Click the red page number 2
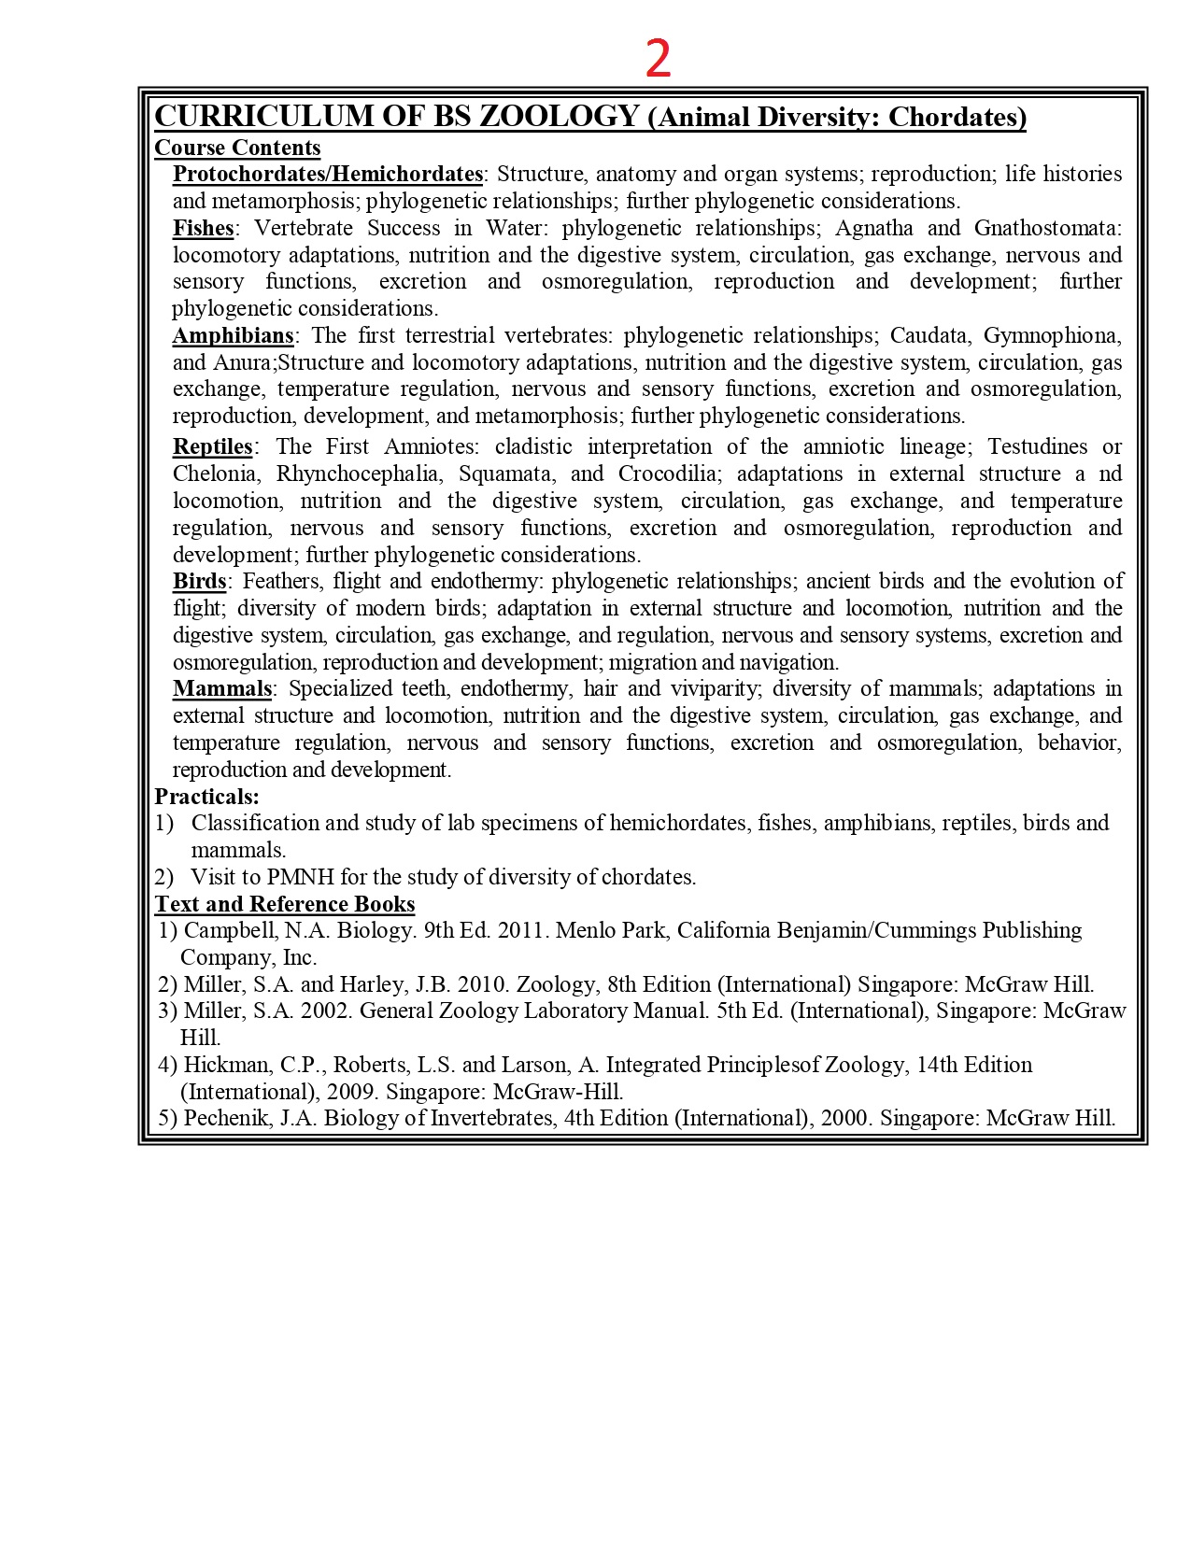[659, 58]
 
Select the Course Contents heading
[237, 148]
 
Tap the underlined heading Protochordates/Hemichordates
[328, 174]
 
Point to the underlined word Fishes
[203, 228]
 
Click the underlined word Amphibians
[233, 335]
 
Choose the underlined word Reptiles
[213, 446]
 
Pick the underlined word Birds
[199, 581]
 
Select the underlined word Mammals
[222, 688]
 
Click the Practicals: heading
[206, 797]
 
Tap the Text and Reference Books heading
[285, 904]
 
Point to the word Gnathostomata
[1045, 228]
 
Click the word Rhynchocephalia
[357, 474]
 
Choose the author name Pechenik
[225, 1118]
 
